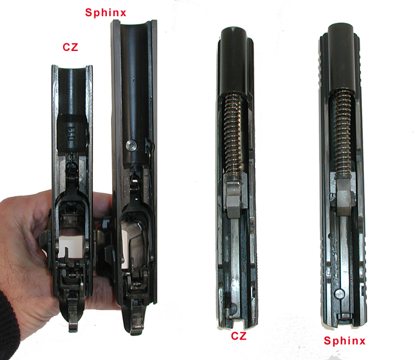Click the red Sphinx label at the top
(x=106, y=13)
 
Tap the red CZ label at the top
(x=70, y=47)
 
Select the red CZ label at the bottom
(x=238, y=336)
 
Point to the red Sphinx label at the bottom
(x=345, y=341)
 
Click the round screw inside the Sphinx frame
(x=131, y=145)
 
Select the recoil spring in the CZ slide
(x=233, y=134)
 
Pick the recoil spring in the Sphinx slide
(x=343, y=132)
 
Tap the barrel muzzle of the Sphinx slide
(x=342, y=29)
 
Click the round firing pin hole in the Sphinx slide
(x=339, y=294)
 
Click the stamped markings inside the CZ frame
(x=71, y=134)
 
